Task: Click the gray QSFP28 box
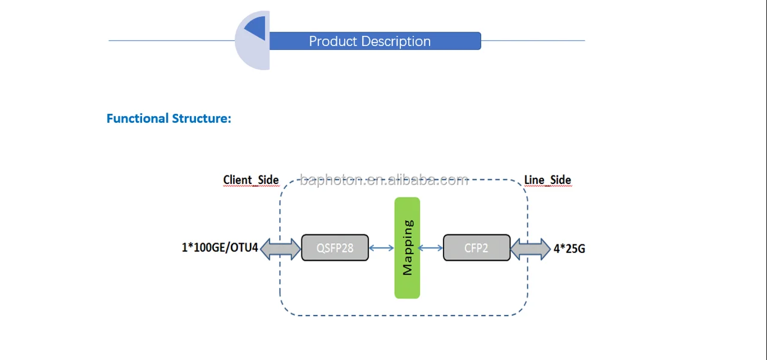[334, 248]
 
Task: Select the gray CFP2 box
[476, 248]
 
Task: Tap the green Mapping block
[407, 247]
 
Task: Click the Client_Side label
[250, 180]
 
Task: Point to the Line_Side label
[547, 180]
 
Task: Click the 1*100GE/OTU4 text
[220, 247]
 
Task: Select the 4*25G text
[569, 248]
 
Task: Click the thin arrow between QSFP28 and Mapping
[381, 248]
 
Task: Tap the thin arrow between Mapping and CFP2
[430, 248]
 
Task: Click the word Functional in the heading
[137, 118]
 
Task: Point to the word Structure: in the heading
[201, 118]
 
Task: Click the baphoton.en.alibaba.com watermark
[383, 180]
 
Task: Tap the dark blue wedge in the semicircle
[257, 27]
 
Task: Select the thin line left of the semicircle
[171, 41]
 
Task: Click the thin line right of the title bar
[533, 41]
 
